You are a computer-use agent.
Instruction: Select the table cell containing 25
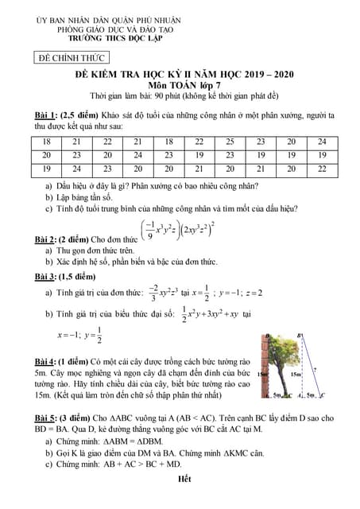pos(229,142)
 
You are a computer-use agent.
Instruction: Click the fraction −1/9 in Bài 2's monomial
pos(149,231)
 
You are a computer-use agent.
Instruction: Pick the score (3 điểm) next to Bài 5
pos(81,418)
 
